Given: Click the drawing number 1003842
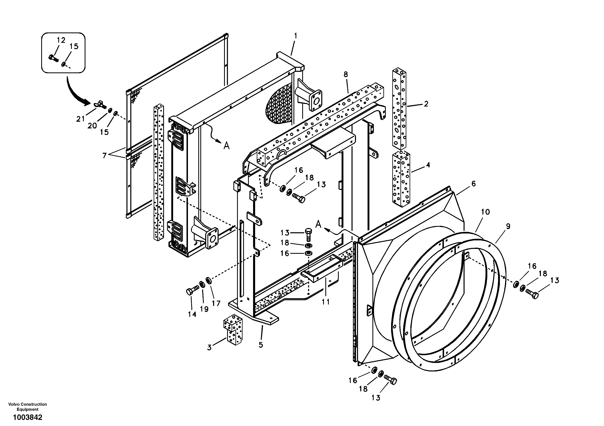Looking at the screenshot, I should coord(28,417).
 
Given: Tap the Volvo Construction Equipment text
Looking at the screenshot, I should coord(27,407).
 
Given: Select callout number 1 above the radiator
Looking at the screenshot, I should coord(296,36).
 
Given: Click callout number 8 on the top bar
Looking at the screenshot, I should coord(345,74).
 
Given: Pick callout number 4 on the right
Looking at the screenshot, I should coord(428,165).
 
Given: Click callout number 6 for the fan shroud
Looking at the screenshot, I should coord(473,184).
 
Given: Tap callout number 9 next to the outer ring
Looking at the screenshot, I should coord(508,226).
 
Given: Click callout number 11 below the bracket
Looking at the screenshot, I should coord(326,302).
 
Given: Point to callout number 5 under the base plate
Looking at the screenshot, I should coord(261,345).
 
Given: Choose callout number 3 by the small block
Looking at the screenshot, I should coord(209,348).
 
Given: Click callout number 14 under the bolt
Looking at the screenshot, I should coord(192,314).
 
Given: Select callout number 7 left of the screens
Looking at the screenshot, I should coord(105,155).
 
